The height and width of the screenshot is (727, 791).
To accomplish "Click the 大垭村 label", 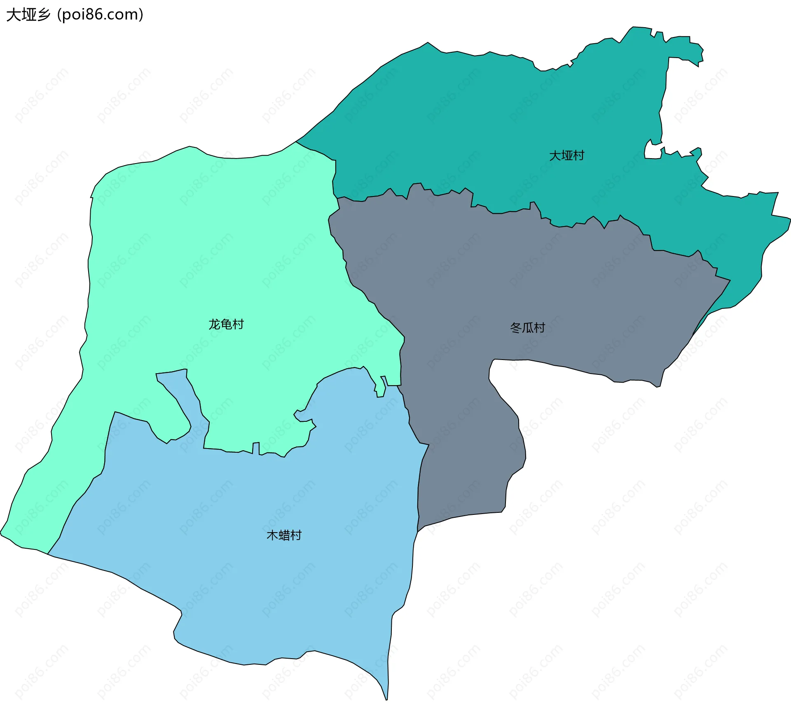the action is (566, 156).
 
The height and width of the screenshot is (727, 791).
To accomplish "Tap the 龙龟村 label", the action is (226, 325).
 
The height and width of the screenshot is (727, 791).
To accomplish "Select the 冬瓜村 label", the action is (527, 328).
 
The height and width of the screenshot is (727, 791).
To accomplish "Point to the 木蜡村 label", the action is (284, 535).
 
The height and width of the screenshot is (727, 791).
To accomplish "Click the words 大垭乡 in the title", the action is (28, 15).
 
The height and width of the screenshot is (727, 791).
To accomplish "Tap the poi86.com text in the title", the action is (100, 15).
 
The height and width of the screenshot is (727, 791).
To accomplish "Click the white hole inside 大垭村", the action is (652, 151).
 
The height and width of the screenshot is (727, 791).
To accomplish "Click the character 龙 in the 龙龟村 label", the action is (214, 325).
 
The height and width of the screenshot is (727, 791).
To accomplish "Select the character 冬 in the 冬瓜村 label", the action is (516, 328).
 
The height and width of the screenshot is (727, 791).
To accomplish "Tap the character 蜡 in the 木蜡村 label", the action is (284, 535).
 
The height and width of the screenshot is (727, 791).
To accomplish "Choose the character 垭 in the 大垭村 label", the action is (566, 156).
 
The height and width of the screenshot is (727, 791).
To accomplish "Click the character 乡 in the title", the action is (43, 15).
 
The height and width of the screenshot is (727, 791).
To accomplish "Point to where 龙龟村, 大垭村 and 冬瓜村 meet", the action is (337, 198).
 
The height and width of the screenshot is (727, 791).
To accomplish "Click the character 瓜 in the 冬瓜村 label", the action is (528, 328).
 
